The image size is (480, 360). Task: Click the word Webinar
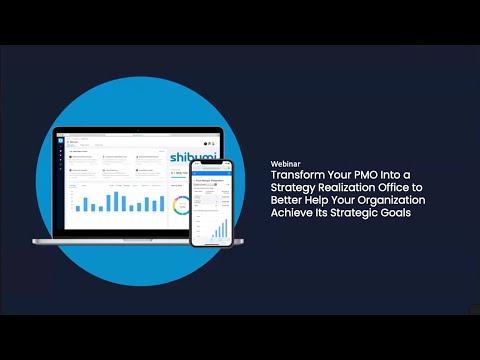pos(287,162)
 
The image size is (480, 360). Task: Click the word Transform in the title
pos(297,174)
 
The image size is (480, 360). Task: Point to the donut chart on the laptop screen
pos(180,206)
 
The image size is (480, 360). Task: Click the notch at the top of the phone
pos(212,164)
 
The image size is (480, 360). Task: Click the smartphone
pos(212,204)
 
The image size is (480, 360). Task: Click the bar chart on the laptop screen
pos(120,202)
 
